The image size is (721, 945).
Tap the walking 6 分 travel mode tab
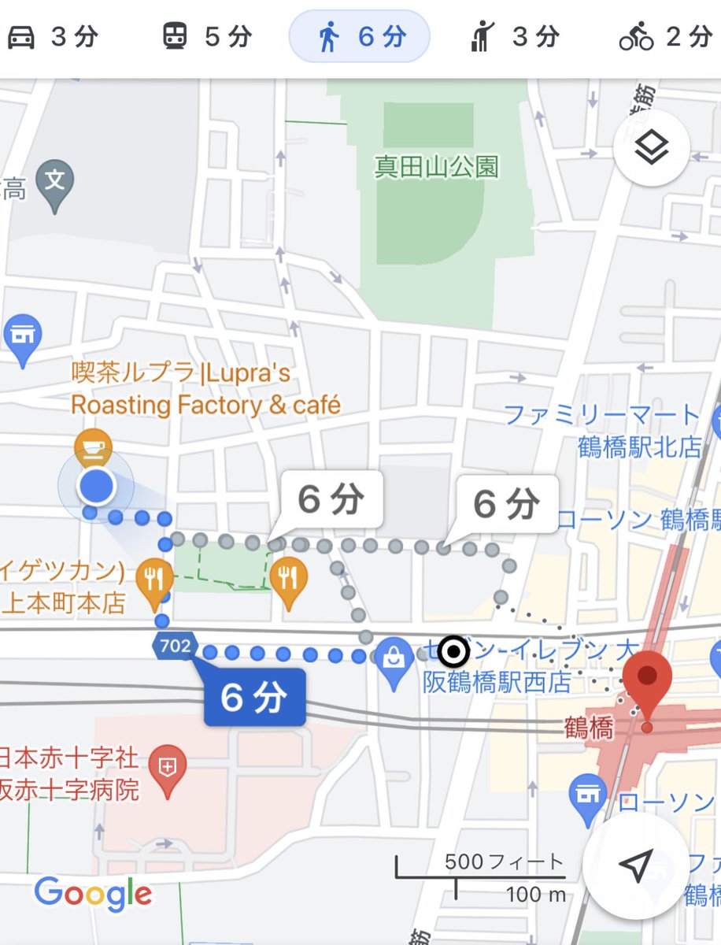pos(360,37)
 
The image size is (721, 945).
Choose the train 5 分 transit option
pos(206,37)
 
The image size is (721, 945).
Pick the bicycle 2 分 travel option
pos(664,37)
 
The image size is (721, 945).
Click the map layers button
pos(652,147)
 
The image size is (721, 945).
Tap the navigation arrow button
pos(636,865)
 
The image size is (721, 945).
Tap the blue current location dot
pos(97,487)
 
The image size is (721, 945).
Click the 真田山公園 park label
pos(437,167)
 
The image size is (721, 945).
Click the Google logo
pos(93,894)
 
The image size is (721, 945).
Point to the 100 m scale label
pos(536,895)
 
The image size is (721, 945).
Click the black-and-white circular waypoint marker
pos(453,651)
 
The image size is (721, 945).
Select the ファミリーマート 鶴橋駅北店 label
pos(602,430)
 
